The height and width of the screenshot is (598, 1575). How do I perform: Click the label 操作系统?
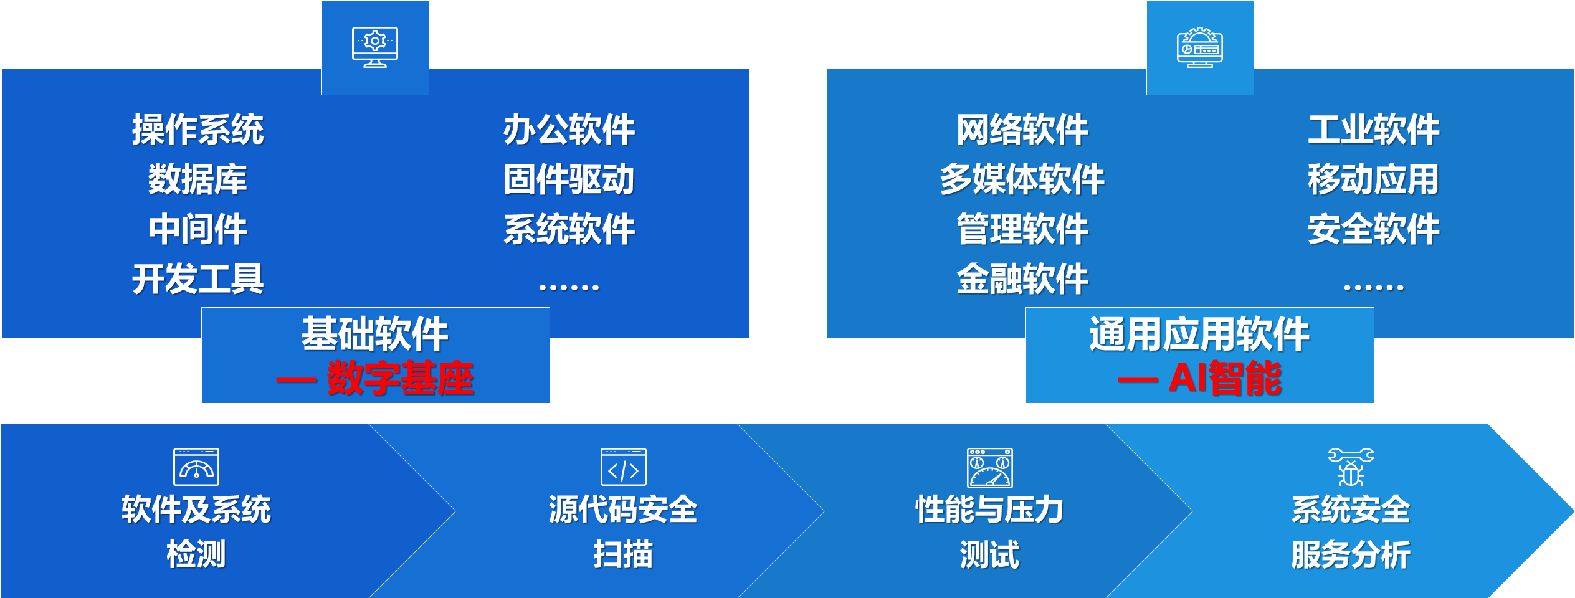(x=197, y=130)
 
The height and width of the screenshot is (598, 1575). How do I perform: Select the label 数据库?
(x=197, y=179)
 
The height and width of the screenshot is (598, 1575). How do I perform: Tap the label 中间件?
(x=197, y=229)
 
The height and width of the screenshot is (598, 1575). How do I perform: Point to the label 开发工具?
(x=197, y=278)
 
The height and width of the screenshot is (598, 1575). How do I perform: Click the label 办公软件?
(x=569, y=130)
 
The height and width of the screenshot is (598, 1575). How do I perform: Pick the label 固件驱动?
(x=569, y=179)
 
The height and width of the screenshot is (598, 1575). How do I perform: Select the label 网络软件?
(x=1022, y=130)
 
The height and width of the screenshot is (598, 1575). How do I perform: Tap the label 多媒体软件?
(x=1022, y=179)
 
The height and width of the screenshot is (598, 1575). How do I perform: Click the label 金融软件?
(x=1022, y=278)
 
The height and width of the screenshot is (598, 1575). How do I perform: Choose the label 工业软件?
(x=1374, y=130)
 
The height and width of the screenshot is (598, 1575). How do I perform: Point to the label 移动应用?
(x=1374, y=179)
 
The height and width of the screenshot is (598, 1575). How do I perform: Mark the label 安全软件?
(x=1374, y=229)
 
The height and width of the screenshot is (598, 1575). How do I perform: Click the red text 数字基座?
(x=400, y=378)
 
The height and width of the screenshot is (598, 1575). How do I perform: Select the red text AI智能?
(x=1225, y=378)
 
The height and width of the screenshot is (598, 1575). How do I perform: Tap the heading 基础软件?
(x=375, y=334)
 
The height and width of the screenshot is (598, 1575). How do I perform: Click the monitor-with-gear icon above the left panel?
(x=375, y=47)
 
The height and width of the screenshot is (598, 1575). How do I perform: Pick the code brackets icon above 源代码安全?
(x=624, y=467)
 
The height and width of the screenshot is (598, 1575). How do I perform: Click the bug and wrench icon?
(x=1351, y=467)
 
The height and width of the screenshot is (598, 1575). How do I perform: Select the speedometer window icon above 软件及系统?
(x=196, y=467)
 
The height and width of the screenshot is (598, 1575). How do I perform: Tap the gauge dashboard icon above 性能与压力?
(x=990, y=468)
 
